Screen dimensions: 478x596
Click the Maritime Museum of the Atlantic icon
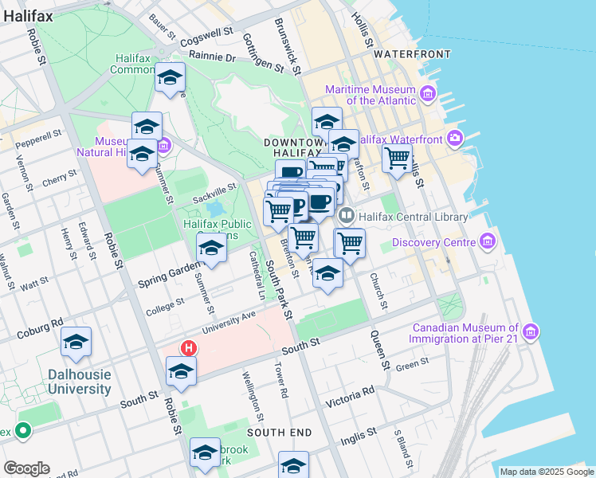pos(428,96)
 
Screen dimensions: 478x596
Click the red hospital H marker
pos(189,348)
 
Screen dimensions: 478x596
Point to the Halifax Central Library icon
pos(347,215)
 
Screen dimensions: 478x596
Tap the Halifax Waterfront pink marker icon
pos(455,139)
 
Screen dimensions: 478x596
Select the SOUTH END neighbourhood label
pos(279,432)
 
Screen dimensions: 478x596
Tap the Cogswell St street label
pos(206,36)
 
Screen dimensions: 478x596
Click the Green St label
pos(413,366)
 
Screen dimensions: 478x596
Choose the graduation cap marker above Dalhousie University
pos(76,342)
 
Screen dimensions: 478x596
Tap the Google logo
pos(25,468)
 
